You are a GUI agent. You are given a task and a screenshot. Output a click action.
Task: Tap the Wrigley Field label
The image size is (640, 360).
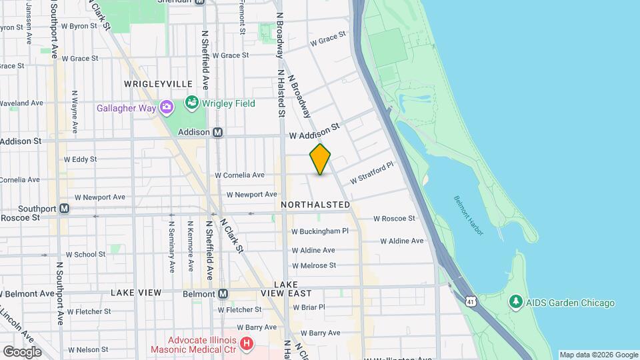(x=220, y=103)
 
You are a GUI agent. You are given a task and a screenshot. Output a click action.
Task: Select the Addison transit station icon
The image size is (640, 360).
(x=217, y=133)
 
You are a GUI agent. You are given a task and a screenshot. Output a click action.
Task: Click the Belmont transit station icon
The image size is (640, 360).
(x=223, y=294)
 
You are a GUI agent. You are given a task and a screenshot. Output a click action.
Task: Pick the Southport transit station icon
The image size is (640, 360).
(x=65, y=208)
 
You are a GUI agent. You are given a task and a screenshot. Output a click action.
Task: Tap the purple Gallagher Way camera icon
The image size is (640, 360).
(x=166, y=107)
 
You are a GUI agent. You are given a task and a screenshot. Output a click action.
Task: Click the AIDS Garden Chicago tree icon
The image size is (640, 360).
(x=515, y=303)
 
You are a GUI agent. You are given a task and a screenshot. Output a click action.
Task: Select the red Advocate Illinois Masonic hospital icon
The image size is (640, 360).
(x=247, y=344)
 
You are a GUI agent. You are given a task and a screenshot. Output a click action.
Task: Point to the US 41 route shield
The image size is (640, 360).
(x=471, y=301)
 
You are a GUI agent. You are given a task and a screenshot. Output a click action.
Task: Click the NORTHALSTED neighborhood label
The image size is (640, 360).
(x=315, y=205)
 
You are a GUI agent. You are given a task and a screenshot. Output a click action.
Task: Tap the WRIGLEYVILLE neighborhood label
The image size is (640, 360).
(x=158, y=84)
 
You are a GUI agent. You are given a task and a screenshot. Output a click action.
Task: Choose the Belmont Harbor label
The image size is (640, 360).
(x=469, y=214)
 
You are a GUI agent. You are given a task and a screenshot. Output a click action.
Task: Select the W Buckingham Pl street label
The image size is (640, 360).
(x=320, y=231)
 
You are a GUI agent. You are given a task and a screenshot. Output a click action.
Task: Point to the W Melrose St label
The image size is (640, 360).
(x=313, y=265)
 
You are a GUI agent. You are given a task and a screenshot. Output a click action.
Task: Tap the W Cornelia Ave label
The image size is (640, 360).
(x=239, y=175)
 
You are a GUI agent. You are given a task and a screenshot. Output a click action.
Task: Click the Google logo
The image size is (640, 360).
(x=21, y=351)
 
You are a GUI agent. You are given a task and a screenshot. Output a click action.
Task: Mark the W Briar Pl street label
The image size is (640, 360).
(x=308, y=307)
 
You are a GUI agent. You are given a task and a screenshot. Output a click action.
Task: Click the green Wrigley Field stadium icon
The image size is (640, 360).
(x=192, y=103)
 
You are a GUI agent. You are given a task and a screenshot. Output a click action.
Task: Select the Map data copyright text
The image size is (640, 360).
(x=598, y=355)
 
